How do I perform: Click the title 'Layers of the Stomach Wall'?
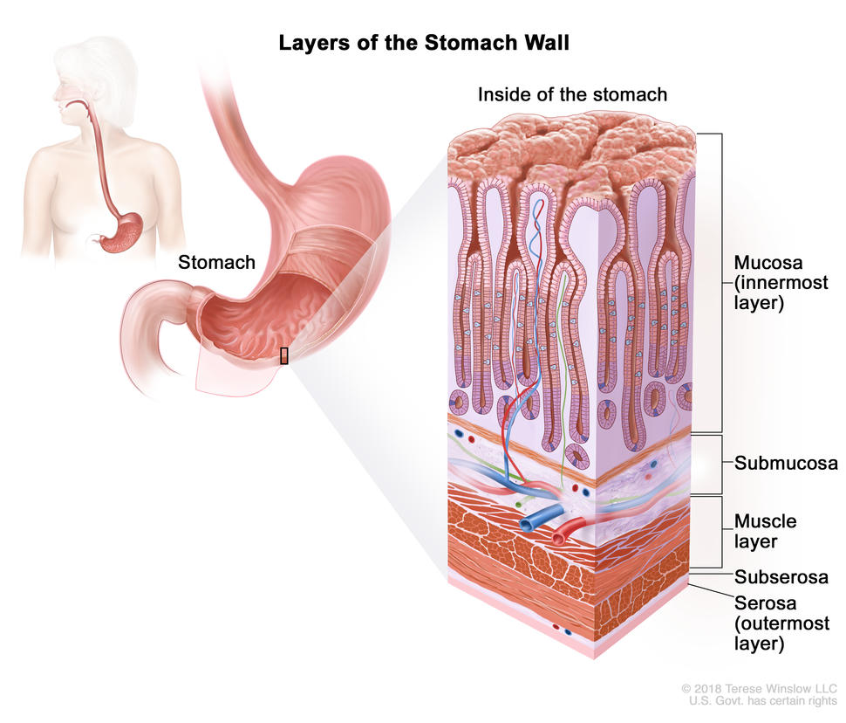tap(423, 42)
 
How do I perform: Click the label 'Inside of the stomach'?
tap(571, 94)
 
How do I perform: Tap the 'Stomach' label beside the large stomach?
tap(216, 262)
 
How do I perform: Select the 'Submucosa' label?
tap(785, 463)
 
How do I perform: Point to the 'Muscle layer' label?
tap(766, 531)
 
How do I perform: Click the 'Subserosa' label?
tap(781, 576)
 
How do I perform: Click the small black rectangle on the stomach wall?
tap(283, 355)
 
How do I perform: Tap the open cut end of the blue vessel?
tap(529, 524)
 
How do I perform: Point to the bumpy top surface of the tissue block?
tap(571, 148)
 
